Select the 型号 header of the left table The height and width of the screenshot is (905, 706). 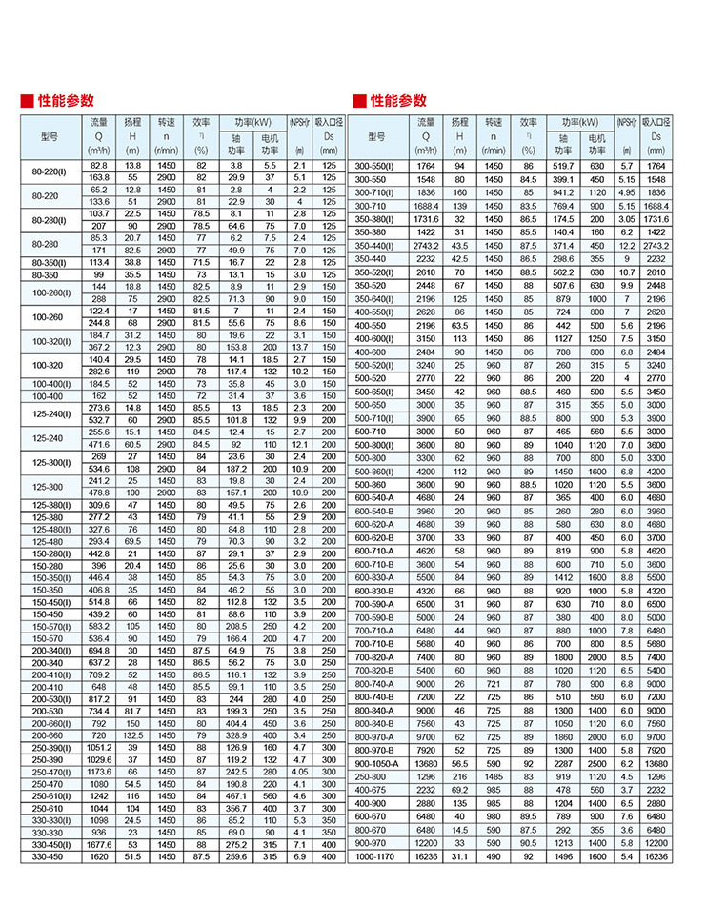[x=50, y=137]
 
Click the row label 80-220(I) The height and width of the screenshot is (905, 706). [x=50, y=171]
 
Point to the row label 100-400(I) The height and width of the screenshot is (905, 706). [x=50, y=383]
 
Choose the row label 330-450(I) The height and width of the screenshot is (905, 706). [x=50, y=844]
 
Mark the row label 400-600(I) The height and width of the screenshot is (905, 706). [x=376, y=337]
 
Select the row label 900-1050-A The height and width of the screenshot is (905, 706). [x=378, y=763]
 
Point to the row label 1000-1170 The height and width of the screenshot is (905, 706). [x=376, y=856]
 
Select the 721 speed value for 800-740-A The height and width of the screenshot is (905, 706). [x=494, y=683]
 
